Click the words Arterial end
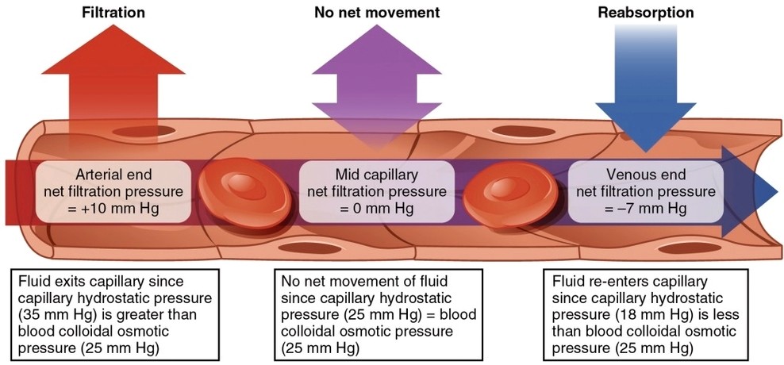113,173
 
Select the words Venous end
644,173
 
